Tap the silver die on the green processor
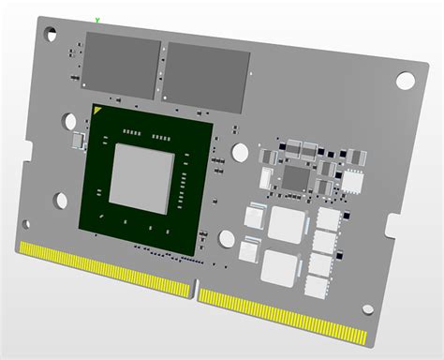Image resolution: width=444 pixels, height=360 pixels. pos(141,175)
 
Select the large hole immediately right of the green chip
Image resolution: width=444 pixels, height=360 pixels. pos(240,152)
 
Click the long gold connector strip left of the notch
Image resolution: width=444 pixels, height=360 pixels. pos(103,265)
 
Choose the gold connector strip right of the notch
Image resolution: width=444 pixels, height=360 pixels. pos(281,310)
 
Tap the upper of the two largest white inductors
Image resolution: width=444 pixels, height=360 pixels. pos(286,224)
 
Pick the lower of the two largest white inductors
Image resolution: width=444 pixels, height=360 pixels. pos(280,266)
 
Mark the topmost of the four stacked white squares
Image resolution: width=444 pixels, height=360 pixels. pos(328,218)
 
